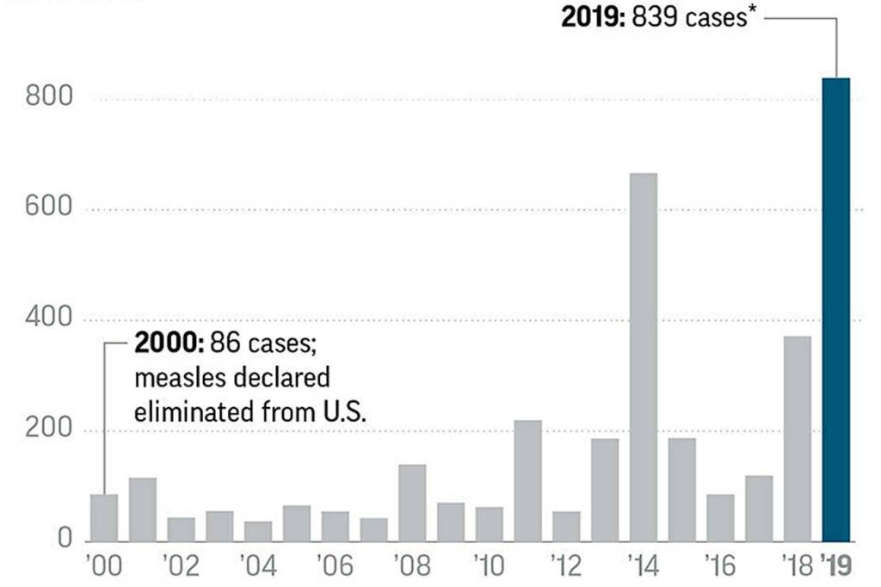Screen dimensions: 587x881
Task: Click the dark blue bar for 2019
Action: [x=836, y=310]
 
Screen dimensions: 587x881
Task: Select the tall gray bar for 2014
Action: [x=644, y=357]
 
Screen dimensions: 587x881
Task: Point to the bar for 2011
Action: [x=527, y=481]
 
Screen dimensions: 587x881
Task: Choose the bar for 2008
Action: [x=412, y=504]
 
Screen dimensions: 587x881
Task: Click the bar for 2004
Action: [x=258, y=531]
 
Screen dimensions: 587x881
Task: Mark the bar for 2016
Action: [x=720, y=518]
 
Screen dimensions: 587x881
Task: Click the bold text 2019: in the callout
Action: [x=594, y=18]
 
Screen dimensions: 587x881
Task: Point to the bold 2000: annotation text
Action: [x=169, y=344]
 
